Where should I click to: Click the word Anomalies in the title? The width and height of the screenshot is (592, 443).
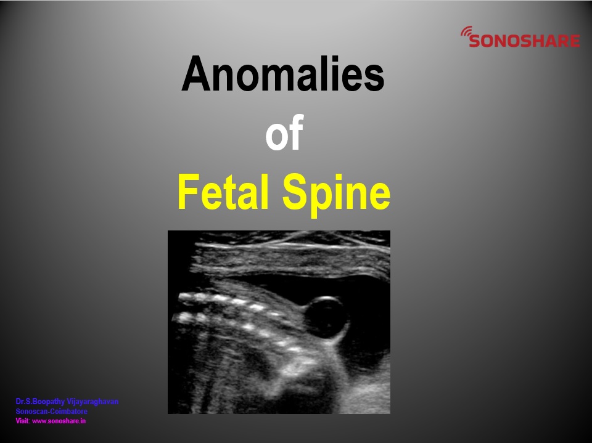(x=283, y=73)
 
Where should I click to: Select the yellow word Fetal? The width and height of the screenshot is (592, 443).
(x=223, y=192)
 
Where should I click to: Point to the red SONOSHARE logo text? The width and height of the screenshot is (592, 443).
(x=524, y=41)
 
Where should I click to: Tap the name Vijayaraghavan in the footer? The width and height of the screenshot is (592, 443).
(x=92, y=402)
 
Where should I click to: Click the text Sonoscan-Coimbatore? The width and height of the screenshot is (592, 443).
(x=51, y=412)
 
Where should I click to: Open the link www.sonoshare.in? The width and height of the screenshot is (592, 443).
(x=59, y=421)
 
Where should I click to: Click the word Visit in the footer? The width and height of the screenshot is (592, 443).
(x=22, y=421)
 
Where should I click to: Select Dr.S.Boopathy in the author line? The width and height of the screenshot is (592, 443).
(x=40, y=402)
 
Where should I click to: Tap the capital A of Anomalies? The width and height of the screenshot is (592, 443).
(x=195, y=73)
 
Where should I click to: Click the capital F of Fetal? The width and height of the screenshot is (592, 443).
(x=187, y=192)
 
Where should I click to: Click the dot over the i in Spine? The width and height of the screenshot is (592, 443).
(x=346, y=177)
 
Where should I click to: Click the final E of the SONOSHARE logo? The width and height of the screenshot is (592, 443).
(x=575, y=41)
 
